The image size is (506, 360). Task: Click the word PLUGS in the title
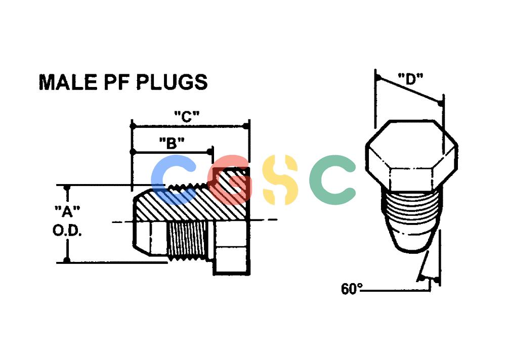(172, 82)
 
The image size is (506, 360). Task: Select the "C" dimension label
(187, 116)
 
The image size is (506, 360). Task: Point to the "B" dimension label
(172, 143)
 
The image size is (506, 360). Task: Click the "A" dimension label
(67, 212)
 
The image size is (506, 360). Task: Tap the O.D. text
(67, 231)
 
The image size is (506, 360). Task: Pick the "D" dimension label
(410, 79)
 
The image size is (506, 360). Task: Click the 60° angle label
(352, 289)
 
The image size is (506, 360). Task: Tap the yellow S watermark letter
(279, 179)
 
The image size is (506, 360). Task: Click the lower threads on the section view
(188, 239)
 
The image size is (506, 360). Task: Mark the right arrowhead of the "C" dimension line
(246, 126)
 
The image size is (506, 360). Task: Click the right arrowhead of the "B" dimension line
(210, 152)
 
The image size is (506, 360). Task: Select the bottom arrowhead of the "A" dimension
(67, 259)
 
